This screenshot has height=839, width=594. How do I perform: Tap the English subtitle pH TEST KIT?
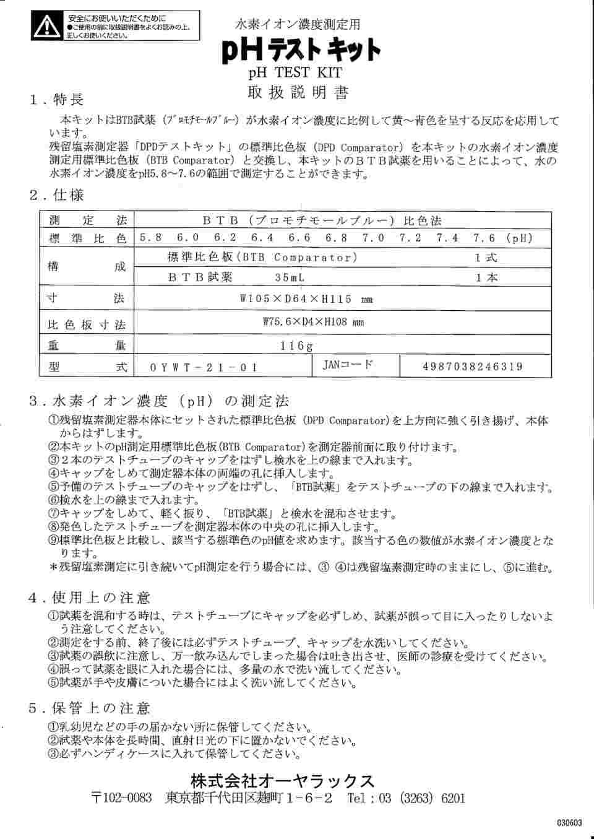pos(295,74)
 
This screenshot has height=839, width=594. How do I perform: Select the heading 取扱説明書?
pos(298,93)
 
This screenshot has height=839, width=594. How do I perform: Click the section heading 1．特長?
pos(56,100)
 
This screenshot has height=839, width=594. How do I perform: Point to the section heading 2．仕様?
pos(56,196)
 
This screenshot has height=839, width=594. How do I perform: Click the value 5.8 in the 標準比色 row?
pos(151,238)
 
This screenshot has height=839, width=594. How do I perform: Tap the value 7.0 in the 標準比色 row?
pos(373,238)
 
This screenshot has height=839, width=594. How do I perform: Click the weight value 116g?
pos(297,346)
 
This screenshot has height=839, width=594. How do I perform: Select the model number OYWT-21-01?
pos(205,367)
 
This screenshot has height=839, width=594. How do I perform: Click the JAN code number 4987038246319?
pos(473,367)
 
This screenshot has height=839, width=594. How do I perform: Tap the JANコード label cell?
pos(349,365)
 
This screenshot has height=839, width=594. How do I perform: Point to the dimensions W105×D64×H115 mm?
pos(306,300)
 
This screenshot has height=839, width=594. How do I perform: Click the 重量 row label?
pos(87,346)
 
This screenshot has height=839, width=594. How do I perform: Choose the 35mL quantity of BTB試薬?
pos(290,278)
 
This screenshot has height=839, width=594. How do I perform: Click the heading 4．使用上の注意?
pos(90,598)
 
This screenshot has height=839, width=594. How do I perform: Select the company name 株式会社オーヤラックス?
pos(283,780)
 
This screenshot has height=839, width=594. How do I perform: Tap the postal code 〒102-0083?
pos(121,799)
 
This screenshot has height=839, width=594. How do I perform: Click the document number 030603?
pos(569,823)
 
